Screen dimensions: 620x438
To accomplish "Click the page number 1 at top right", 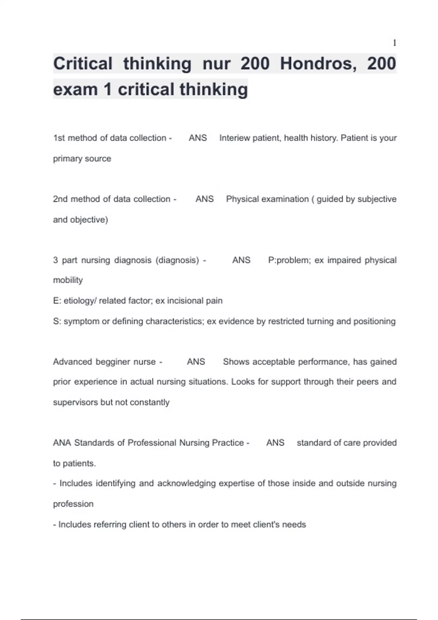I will click(x=394, y=43).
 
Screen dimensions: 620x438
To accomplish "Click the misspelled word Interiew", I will click(x=235, y=138).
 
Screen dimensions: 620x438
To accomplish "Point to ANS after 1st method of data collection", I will click(x=198, y=138).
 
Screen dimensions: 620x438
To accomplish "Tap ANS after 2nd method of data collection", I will click(x=204, y=199).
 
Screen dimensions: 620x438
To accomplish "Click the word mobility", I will click(x=68, y=280).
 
